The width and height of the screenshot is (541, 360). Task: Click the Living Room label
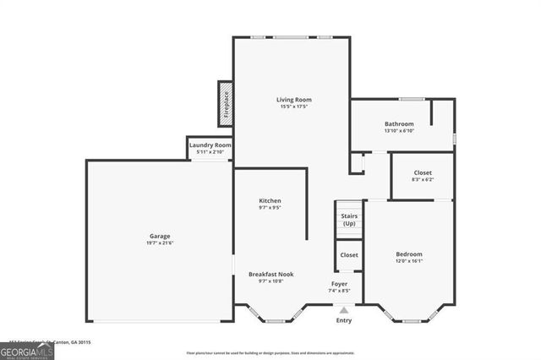click(293, 100)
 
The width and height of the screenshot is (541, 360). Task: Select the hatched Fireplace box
click(226, 104)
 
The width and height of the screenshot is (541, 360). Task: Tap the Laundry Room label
click(210, 145)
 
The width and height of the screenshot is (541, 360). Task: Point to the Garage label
click(160, 236)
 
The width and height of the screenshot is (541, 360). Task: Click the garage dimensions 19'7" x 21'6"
click(160, 243)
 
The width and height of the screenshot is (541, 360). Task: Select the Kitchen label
click(270, 200)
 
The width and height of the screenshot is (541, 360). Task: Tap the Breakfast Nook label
click(270, 273)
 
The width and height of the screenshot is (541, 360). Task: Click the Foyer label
click(339, 283)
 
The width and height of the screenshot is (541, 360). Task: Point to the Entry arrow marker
click(343, 309)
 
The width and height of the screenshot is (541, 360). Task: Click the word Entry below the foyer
click(344, 320)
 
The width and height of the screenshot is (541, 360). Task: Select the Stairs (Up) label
click(349, 220)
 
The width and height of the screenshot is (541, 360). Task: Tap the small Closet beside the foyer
click(349, 254)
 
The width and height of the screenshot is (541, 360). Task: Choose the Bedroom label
click(408, 254)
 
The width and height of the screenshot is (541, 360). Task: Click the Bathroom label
click(398, 123)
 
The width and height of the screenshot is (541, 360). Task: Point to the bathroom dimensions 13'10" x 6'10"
click(398, 131)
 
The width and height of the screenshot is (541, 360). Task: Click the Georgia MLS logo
click(27, 351)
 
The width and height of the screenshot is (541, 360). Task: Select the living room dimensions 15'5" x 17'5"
click(293, 106)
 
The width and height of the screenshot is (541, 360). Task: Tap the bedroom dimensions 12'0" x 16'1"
click(408, 261)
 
